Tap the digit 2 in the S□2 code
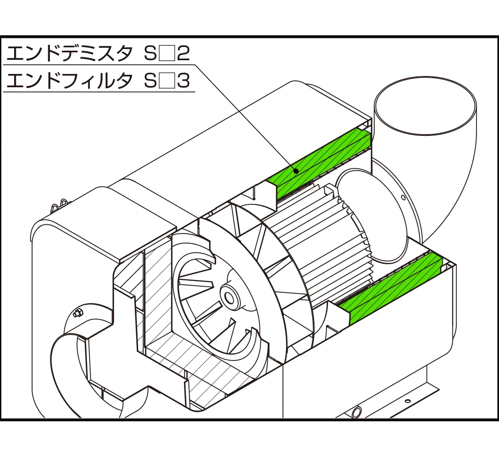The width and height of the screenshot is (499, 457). click(183, 53)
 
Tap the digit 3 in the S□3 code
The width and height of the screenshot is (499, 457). click(183, 81)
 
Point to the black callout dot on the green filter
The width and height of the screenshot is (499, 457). click(296, 170)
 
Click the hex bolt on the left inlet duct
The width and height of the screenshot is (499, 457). click(77, 313)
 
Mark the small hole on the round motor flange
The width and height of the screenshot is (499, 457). click(403, 198)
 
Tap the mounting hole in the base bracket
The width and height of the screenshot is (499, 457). click(408, 401)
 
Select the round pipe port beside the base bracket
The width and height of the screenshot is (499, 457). click(357, 413)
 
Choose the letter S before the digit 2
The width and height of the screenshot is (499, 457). click(150, 53)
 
